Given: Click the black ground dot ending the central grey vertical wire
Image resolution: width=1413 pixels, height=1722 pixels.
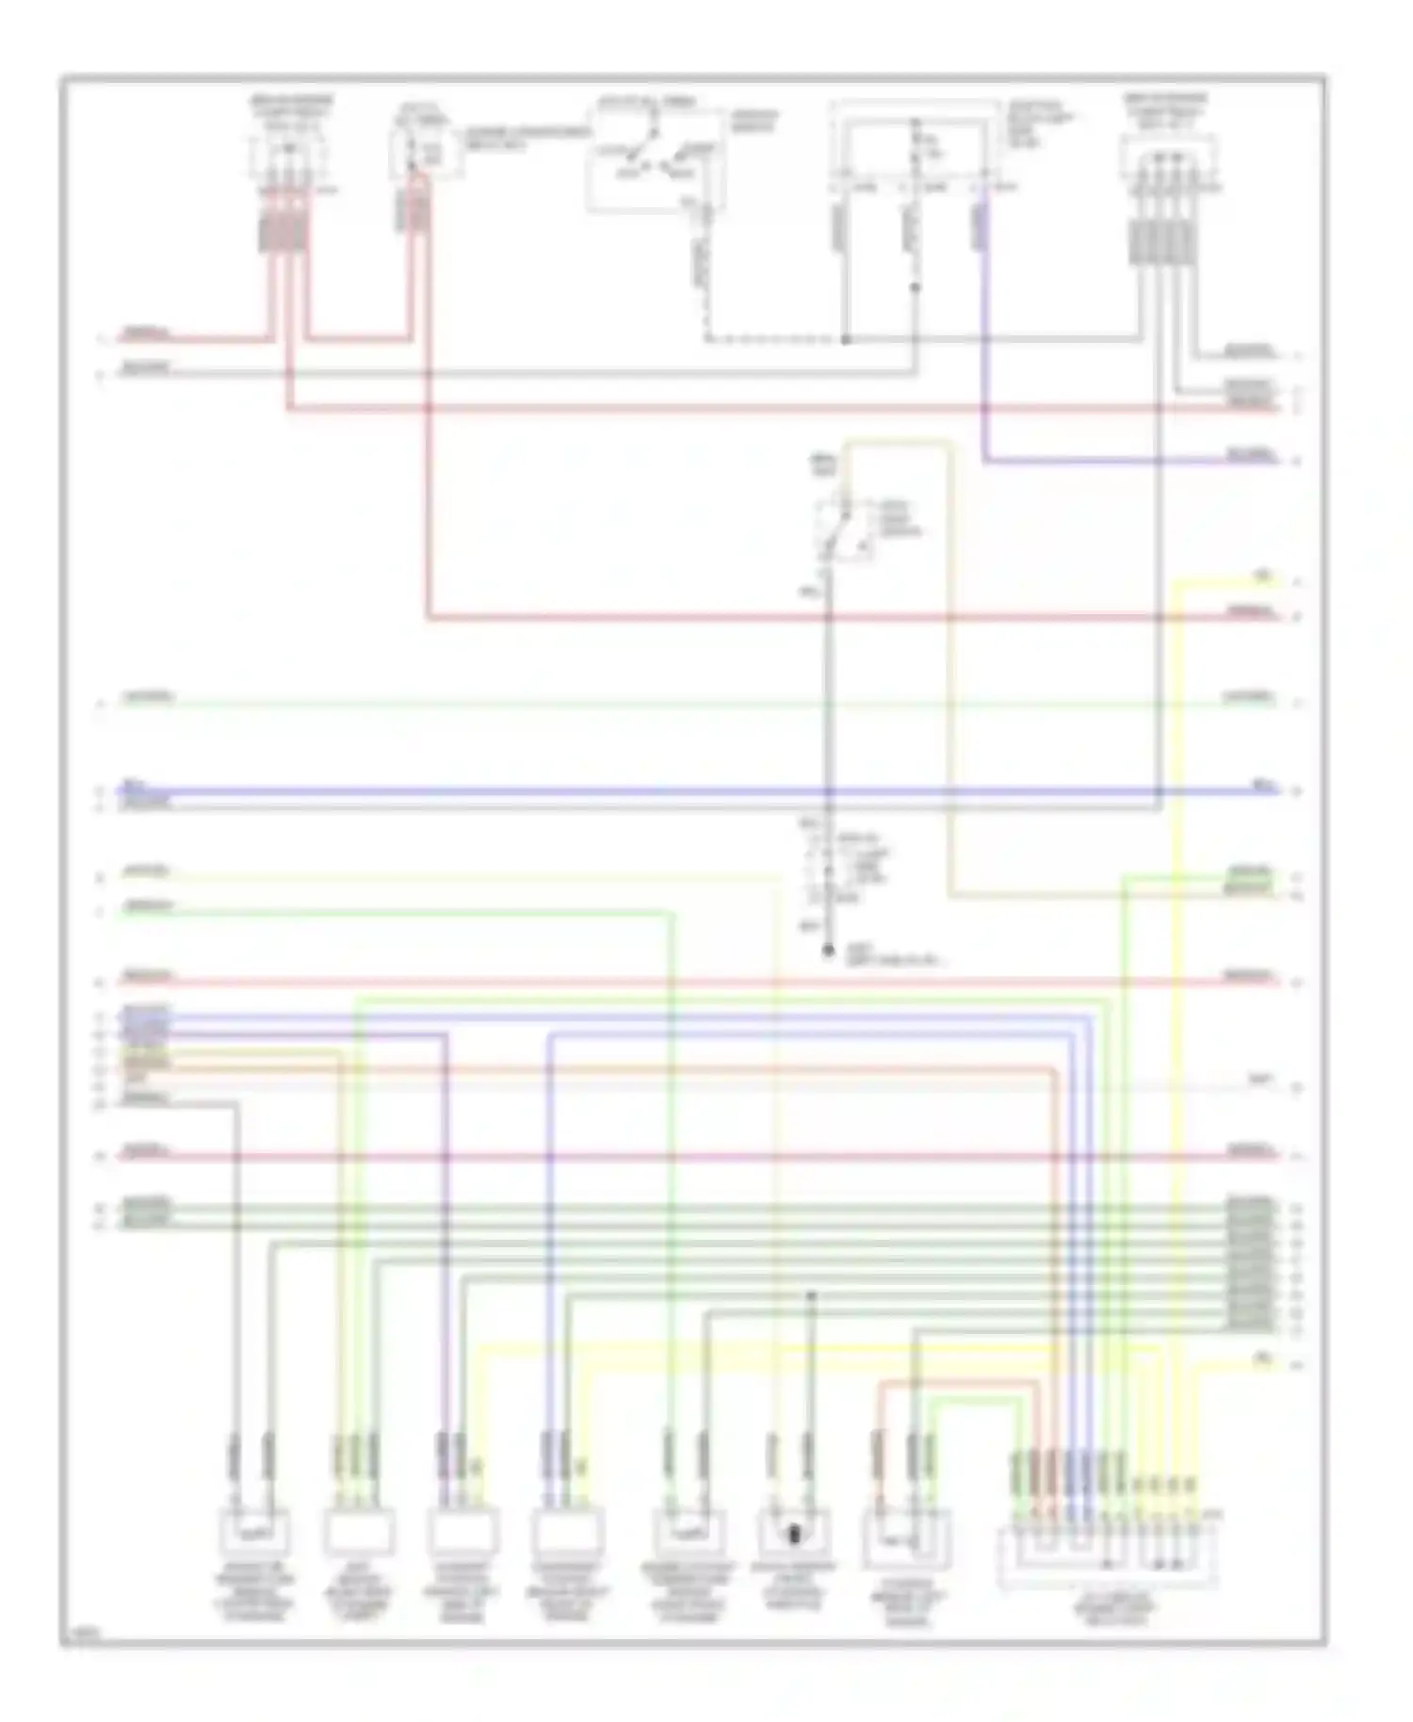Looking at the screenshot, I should (x=828, y=951).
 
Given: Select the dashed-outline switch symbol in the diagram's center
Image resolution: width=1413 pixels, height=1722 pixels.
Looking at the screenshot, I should (x=843, y=530).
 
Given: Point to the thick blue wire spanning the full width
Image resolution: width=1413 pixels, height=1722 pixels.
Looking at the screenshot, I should (x=659, y=791).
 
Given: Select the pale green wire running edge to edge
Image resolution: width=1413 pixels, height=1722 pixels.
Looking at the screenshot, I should (x=659, y=704).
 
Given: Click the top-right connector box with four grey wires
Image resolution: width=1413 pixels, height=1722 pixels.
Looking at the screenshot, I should (x=1168, y=160).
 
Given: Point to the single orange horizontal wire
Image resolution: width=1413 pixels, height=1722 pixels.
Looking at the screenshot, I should (x=659, y=1068).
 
